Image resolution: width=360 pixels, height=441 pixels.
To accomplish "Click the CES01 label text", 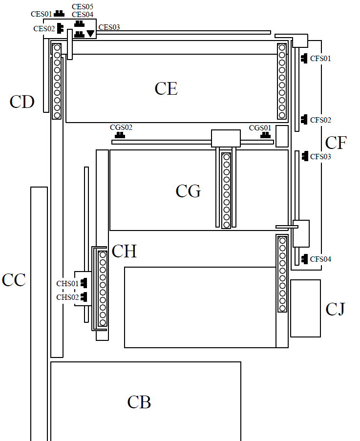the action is (42, 14).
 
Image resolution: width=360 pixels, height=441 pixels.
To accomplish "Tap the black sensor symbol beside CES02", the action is (60, 28).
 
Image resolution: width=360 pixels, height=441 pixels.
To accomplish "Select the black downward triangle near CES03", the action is (90, 34).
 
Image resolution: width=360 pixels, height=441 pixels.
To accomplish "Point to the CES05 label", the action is (83, 6).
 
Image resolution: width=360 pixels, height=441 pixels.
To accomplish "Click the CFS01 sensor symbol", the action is (304, 59).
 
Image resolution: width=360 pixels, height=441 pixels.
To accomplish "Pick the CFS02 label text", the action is (320, 120).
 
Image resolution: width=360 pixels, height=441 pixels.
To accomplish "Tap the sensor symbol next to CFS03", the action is (305, 156).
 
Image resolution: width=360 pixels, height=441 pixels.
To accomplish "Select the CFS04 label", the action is (320, 259).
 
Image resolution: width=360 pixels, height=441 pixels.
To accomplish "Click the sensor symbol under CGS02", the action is (120, 135).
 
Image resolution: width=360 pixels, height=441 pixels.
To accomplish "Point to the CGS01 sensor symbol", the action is (265, 135).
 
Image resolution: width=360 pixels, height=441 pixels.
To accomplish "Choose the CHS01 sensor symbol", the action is (84, 283).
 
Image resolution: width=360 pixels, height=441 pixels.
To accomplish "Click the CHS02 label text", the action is (67, 297).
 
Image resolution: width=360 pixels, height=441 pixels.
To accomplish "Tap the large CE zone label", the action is (166, 88).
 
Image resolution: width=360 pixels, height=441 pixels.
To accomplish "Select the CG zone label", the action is (188, 191).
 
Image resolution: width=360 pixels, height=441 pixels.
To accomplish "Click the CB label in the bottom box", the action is (139, 402).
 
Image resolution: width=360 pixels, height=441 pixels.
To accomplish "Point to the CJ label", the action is (335, 309).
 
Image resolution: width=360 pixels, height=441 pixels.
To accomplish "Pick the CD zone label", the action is (22, 102).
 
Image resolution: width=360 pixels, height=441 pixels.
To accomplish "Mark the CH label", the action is (124, 251).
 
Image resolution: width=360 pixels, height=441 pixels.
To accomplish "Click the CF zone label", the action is (336, 143).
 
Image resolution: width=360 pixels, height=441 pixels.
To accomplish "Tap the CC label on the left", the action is (14, 280).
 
